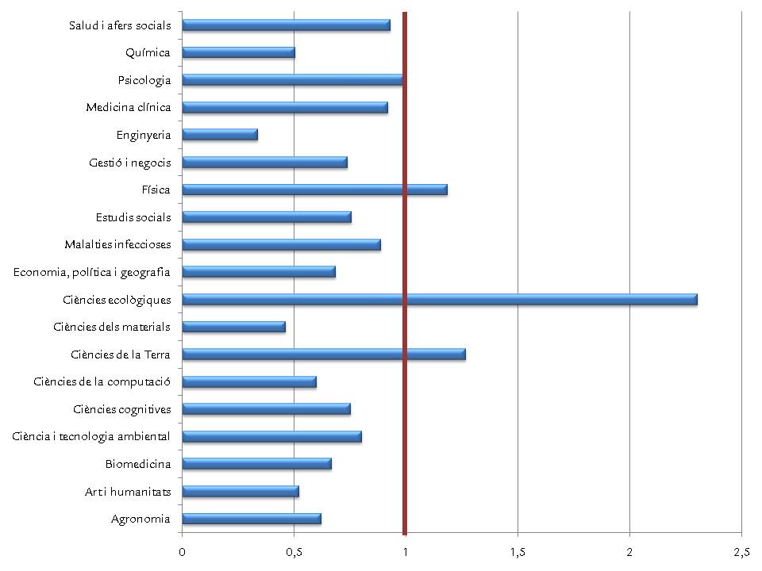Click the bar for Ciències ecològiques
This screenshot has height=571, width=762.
[440, 299]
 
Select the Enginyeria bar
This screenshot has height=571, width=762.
[220, 135]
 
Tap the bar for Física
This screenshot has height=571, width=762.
[315, 190]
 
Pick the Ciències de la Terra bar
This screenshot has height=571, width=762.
[324, 354]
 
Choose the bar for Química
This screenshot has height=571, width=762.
[239, 52]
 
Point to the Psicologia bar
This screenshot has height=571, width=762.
[292, 80]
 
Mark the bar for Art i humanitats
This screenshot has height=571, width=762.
[241, 491]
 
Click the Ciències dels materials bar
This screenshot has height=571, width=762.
[234, 327]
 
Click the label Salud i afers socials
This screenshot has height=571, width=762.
[120, 25]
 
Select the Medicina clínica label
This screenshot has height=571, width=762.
[129, 107]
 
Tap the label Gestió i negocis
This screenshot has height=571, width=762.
[130, 163]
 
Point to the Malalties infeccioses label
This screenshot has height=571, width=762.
[117, 244]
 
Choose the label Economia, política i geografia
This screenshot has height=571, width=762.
[92, 272]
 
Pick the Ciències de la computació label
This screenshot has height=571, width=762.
[102, 381]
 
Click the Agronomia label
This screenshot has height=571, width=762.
[141, 519]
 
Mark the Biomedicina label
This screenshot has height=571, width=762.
[138, 464]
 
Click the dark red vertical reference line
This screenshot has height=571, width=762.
[405, 397]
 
